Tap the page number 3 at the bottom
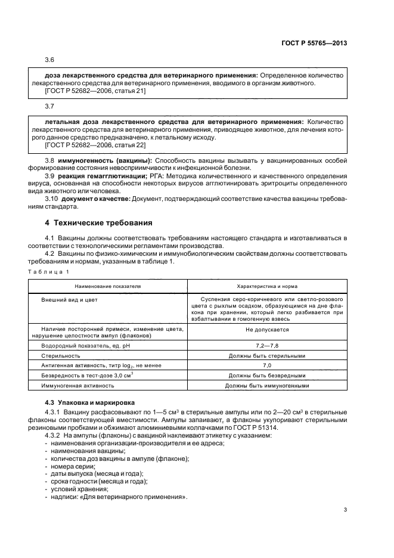coord(345,509)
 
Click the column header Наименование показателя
coord(108,286)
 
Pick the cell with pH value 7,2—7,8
coord(267,346)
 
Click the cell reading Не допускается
coord(267,329)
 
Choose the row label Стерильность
coord(61,356)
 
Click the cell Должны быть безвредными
coord(267,376)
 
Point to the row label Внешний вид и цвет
coord(69,299)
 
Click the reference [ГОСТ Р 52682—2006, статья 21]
coord(95,91)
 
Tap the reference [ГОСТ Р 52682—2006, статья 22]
coord(95,145)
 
